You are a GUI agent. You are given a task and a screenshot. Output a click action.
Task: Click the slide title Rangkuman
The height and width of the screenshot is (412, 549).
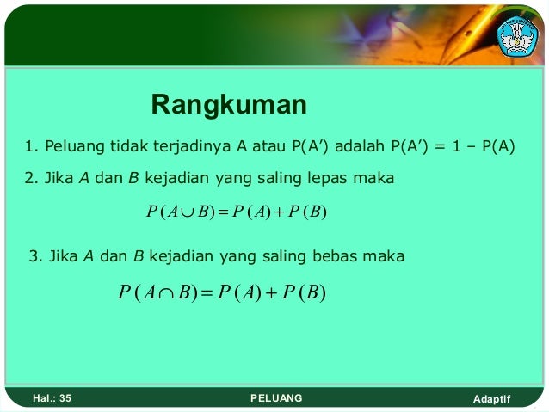229,105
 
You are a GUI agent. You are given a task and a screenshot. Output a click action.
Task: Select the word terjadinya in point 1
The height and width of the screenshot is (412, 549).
188,145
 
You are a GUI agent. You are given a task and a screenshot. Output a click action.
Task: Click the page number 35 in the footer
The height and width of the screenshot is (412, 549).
65,398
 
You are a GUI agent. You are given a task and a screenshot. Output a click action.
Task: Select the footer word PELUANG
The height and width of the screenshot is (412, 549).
275,398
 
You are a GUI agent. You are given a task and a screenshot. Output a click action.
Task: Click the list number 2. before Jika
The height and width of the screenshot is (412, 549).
30,179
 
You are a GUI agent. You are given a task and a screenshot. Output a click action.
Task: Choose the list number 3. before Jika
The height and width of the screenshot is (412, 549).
34,256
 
